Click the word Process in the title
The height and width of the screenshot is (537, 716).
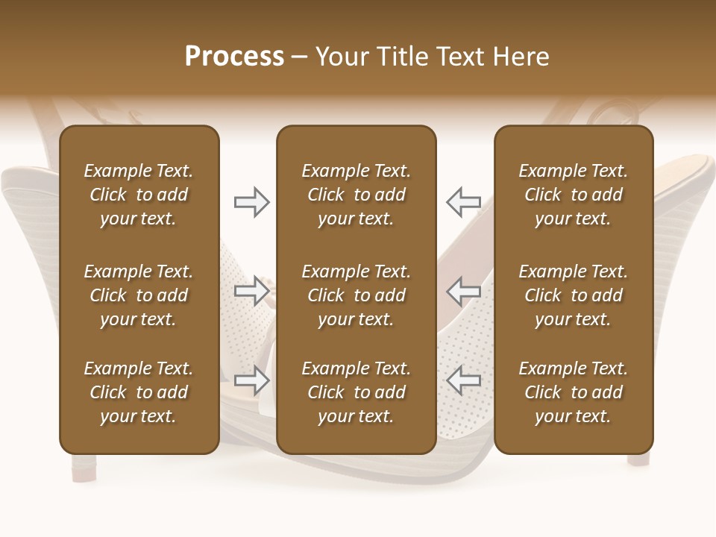[x=234, y=57]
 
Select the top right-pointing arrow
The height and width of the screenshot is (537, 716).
[x=251, y=202]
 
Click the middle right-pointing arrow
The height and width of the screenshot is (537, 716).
[x=251, y=291]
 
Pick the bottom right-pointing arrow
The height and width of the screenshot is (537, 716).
[x=251, y=380]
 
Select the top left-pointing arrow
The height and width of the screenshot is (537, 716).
[x=463, y=202]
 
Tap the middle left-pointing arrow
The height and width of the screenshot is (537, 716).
[x=463, y=291]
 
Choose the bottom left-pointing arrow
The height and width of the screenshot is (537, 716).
[x=463, y=380]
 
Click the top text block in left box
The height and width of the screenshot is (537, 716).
[x=139, y=195]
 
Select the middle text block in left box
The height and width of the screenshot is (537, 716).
[x=139, y=295]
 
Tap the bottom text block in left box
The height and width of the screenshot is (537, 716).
[x=139, y=392]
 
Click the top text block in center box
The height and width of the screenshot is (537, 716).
[x=356, y=195]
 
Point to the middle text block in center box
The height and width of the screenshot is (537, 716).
[x=356, y=295]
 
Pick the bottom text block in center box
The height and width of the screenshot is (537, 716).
[x=356, y=392]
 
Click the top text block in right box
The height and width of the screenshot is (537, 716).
[x=573, y=195]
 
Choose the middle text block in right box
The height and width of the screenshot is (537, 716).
[x=573, y=295]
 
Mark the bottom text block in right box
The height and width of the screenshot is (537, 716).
[x=573, y=392]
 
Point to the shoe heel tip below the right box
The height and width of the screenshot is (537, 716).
[x=638, y=459]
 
